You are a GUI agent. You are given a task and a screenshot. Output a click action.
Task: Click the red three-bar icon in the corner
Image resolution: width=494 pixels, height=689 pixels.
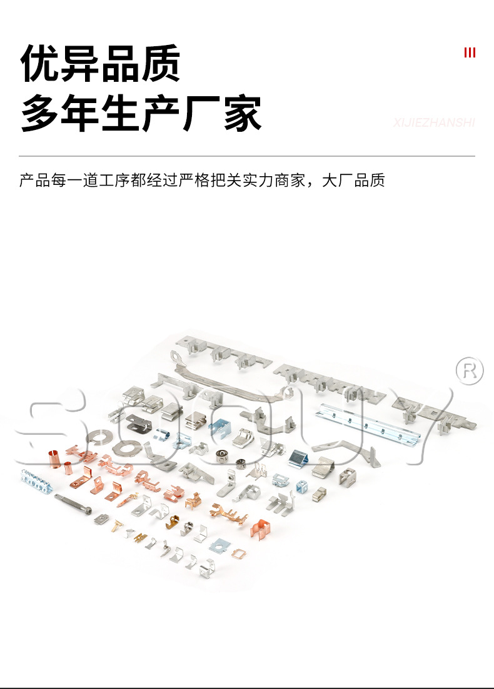470,52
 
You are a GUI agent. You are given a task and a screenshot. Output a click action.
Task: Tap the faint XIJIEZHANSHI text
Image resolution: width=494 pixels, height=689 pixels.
434,122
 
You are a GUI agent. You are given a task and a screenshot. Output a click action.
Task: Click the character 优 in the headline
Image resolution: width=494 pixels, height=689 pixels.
41,64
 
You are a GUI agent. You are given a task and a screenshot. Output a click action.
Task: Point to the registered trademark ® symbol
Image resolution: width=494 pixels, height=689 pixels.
470,370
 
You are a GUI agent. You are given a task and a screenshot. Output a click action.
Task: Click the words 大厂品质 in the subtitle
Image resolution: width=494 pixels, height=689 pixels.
353,181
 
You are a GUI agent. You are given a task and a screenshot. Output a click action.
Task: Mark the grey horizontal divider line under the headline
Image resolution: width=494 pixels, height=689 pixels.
247,156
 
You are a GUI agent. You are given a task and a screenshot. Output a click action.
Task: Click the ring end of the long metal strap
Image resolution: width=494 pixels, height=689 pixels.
176,356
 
